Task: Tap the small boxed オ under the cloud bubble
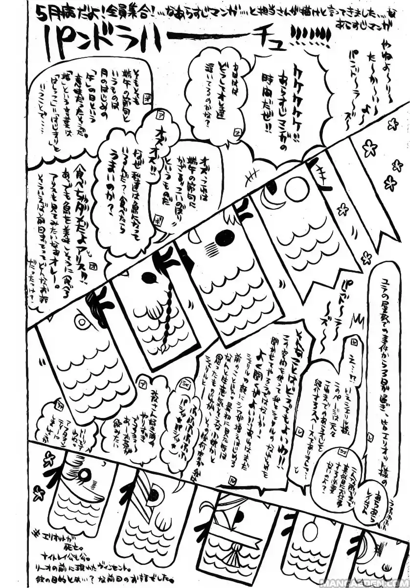[237, 133]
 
